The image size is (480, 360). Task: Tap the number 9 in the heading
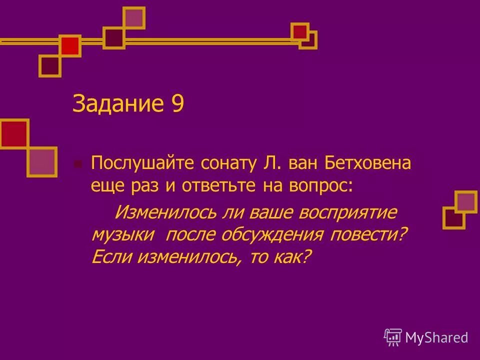177,104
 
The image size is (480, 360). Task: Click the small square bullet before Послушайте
77,164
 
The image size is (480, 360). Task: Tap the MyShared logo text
436,337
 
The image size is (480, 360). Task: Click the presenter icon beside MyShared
393,337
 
